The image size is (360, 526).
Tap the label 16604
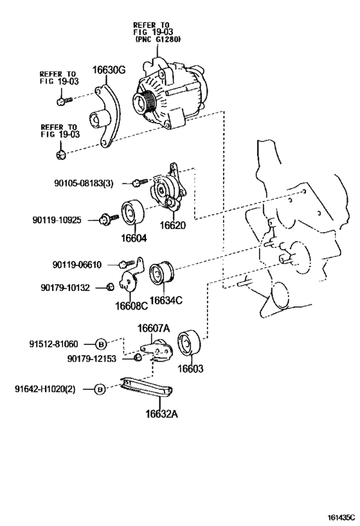pyautogui.click(x=134, y=238)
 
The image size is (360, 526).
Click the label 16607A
pyautogui.click(x=153, y=329)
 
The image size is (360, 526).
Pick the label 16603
pyautogui.click(x=190, y=369)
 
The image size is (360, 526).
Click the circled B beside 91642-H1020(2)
pyautogui.click(x=100, y=389)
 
